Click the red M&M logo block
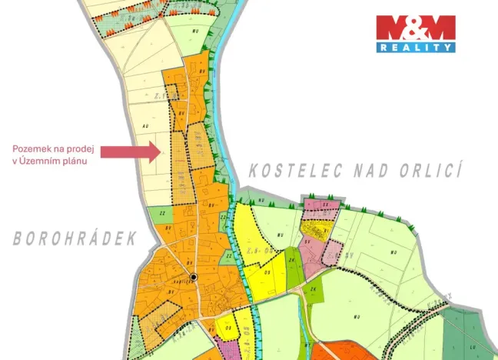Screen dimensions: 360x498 416,28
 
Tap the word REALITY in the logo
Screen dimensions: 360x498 416,48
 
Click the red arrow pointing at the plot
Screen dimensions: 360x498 131,152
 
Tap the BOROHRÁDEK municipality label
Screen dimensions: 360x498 75,238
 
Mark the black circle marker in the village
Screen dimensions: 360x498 194,277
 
